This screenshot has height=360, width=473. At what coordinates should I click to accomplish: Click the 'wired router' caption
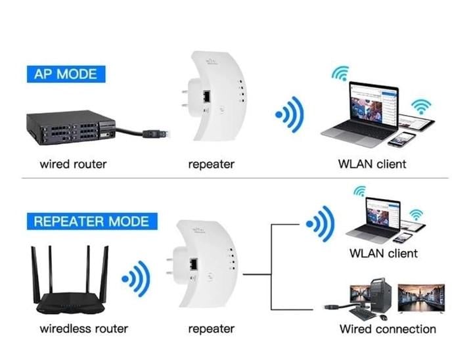[72, 164]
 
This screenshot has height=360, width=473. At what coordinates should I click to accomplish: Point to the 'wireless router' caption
[84, 328]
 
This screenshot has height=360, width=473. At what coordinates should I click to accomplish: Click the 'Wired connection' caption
[388, 329]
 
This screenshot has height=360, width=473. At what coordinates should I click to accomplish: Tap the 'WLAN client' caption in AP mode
[372, 164]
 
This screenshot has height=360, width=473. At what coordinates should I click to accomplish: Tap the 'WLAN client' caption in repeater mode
[384, 253]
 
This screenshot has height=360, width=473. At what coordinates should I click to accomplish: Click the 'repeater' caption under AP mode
[211, 164]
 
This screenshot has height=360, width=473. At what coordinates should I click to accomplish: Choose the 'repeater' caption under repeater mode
[211, 328]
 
